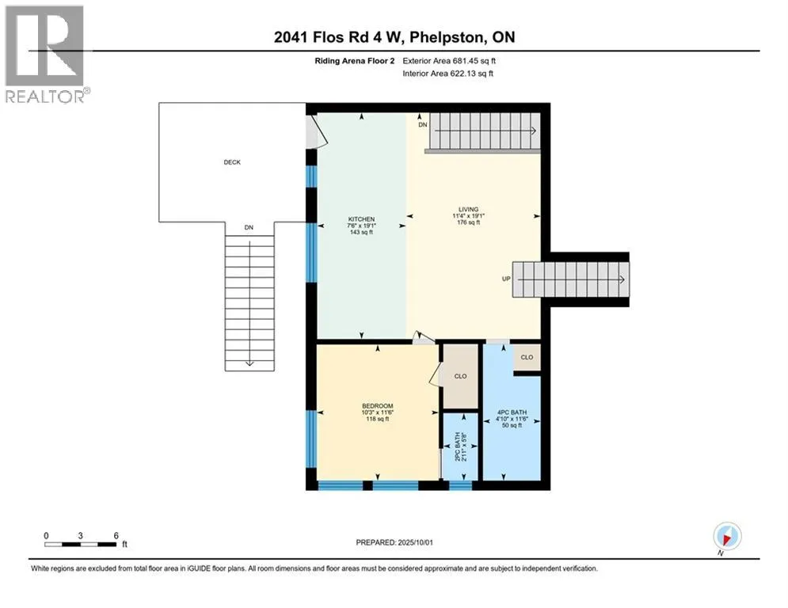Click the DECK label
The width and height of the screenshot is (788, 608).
[x=232, y=162]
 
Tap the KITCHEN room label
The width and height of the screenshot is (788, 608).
[x=361, y=219]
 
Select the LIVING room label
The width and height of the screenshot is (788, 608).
[x=468, y=210]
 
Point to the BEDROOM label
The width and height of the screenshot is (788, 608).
[x=378, y=406]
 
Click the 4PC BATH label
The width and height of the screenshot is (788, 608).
[x=512, y=412]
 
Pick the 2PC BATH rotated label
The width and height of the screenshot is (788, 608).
[x=457, y=446]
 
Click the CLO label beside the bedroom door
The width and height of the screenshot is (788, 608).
[x=460, y=376]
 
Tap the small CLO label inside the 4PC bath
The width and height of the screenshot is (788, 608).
[x=527, y=357]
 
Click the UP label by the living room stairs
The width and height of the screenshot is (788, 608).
[x=506, y=279]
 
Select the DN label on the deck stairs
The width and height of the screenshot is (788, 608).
[x=249, y=228]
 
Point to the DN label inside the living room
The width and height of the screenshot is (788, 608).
[x=423, y=124]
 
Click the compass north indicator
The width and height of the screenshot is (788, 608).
[x=727, y=538]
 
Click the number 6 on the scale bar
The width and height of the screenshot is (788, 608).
[x=116, y=536]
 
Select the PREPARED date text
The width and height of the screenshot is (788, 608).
[x=394, y=542]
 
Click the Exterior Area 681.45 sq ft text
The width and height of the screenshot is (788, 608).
[x=449, y=61]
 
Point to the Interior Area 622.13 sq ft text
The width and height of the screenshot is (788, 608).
[x=447, y=74]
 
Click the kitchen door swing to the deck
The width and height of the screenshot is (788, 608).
[x=317, y=131]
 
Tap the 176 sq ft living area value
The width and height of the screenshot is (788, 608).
[x=468, y=222]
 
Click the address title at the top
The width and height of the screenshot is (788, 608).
[x=394, y=37]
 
